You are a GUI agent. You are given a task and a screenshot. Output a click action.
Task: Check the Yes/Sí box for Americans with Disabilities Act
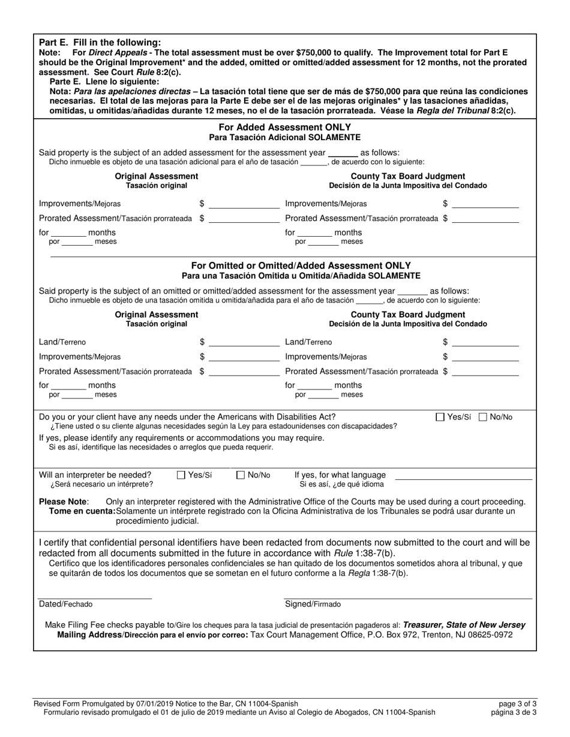coord(440,417)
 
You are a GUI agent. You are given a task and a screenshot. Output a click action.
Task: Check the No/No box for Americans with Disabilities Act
coord(484,417)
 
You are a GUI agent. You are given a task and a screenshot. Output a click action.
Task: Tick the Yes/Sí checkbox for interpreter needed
coord(181,475)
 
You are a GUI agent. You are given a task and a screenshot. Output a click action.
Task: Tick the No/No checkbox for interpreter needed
coord(241,475)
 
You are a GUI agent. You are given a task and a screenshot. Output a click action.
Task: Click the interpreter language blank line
coord(463,478)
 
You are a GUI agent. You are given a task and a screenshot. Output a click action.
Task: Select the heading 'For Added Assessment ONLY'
coord(284,128)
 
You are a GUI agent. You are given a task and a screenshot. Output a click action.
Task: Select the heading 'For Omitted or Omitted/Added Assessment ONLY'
coord(301,265)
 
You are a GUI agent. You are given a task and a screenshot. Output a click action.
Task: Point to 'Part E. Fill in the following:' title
coord(100,43)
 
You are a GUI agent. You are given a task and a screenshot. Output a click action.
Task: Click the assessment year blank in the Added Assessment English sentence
coord(343,153)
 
